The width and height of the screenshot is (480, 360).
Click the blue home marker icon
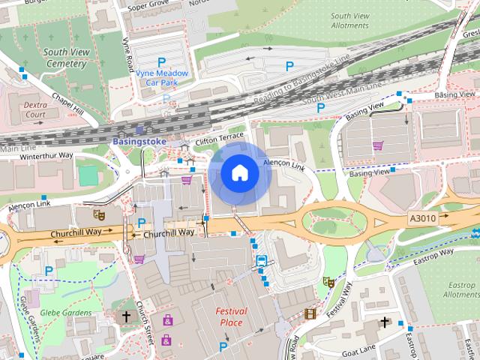tap(239, 173)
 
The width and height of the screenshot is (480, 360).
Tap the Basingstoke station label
tap(139, 140)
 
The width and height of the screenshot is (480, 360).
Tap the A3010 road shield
tap(421, 217)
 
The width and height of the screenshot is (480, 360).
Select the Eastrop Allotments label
tap(460, 290)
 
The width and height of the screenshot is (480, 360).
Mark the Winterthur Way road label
tap(46, 155)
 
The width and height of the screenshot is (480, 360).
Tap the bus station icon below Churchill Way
tap(261, 261)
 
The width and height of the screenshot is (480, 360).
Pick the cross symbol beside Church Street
tap(126, 316)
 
